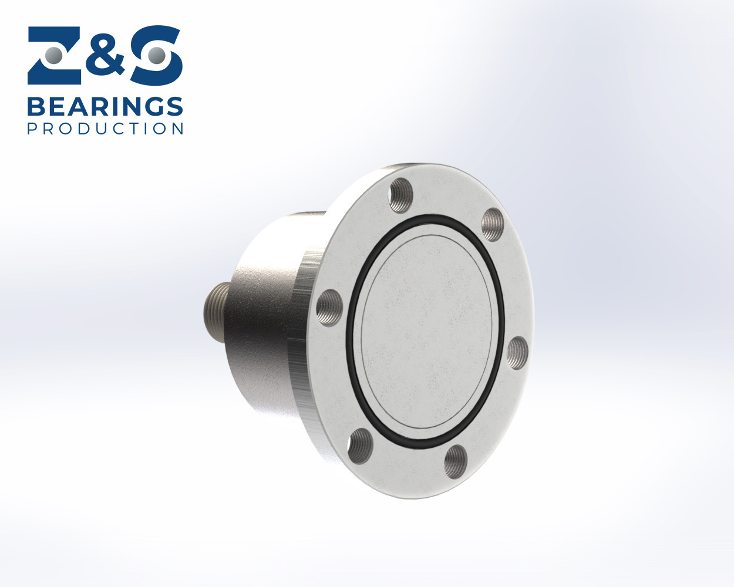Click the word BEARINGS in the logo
coord(105,107)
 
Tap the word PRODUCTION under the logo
coord(106,129)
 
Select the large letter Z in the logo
coord(56,55)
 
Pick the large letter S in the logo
coord(156,55)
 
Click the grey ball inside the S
coord(156,56)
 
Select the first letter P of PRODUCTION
coord(32,129)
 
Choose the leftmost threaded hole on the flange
coord(329,306)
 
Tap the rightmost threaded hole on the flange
coord(517,353)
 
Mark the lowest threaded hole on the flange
coord(456,461)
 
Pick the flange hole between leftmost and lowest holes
coord(360,446)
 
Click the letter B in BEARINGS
coord(37,107)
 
